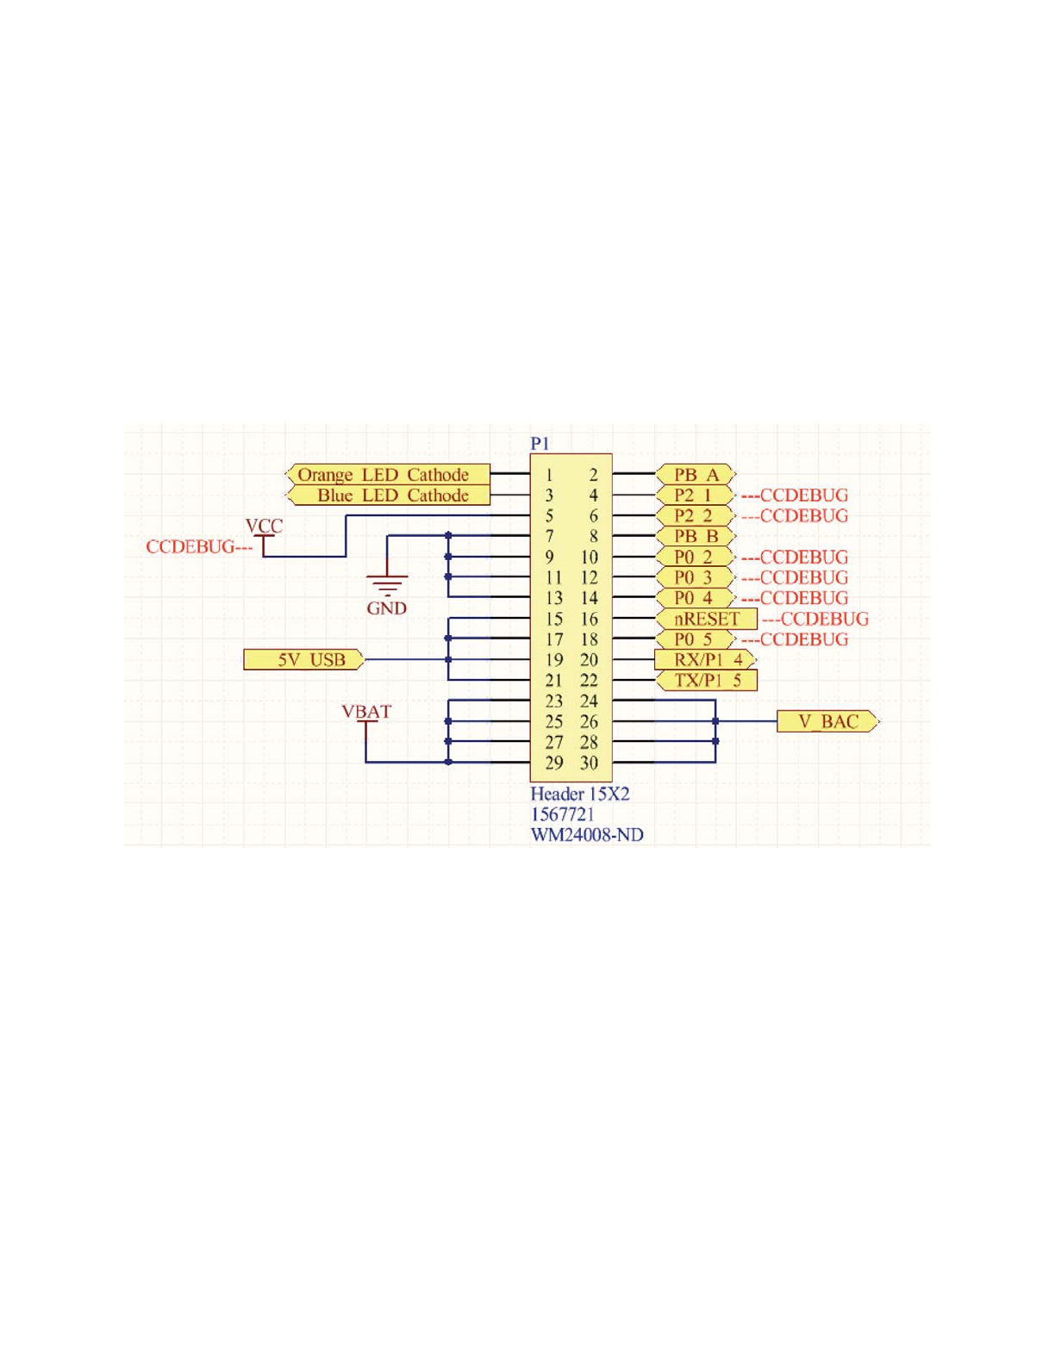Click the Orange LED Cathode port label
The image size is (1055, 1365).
coord(387,475)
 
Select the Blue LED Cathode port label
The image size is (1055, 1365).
coord(390,496)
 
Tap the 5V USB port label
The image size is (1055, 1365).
coord(303,660)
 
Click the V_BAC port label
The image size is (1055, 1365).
coord(827,721)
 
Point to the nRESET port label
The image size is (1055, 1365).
coord(706,619)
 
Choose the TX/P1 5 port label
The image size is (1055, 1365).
coord(706,681)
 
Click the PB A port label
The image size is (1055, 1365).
coord(695,475)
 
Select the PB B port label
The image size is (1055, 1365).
coord(695,536)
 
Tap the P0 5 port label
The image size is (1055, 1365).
coord(694,639)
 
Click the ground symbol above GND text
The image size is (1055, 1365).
coord(387,583)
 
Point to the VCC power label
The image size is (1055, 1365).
coord(264,527)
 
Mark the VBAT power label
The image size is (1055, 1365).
coord(366,712)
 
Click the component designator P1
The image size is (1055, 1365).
coord(540,443)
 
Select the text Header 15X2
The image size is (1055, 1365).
coord(579,794)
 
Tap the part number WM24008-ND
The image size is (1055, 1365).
coord(586,835)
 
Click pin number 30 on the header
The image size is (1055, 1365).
coord(589,764)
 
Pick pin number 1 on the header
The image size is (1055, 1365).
coord(549,475)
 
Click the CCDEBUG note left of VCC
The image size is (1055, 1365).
coord(198,547)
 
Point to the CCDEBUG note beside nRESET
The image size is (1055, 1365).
coord(815,619)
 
